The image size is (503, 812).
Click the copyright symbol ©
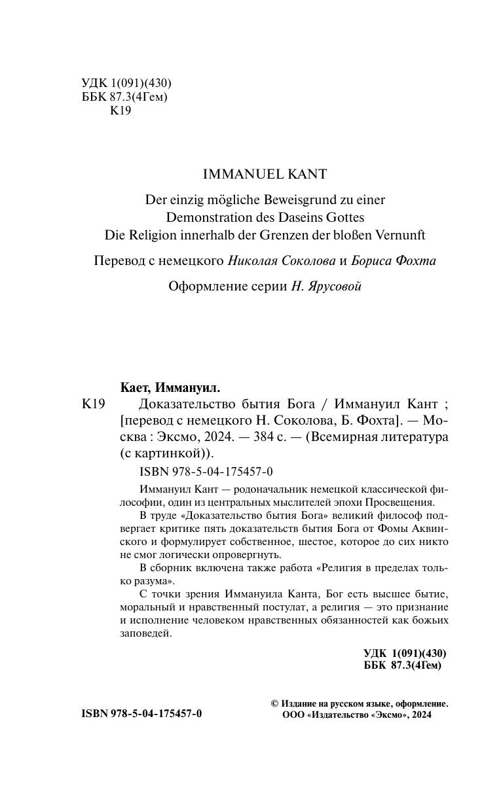coord(274,704)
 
